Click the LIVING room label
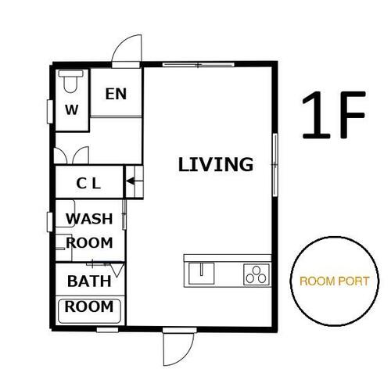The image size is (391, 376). tap(216, 164)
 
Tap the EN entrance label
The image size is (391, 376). tap(116, 94)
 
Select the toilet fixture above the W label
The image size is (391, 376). tap(70, 81)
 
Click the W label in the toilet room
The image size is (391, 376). tap(71, 109)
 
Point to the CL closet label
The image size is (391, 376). tap(88, 184)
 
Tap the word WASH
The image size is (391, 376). tap(89, 219)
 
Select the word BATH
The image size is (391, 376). tap(89, 281)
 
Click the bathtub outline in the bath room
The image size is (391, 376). tap(59, 312)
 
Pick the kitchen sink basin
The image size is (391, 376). tap(202, 274)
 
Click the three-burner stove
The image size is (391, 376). tap(256, 274)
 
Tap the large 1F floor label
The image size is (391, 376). tap(334, 115)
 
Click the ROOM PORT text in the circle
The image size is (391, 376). tap(335, 281)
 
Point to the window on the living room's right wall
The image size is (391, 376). tap(274, 165)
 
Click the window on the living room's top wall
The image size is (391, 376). tap(199, 64)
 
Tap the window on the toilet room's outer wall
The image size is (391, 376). tap(50, 112)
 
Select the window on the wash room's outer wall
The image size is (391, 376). tap(49, 222)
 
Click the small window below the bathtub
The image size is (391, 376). tap(107, 330)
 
